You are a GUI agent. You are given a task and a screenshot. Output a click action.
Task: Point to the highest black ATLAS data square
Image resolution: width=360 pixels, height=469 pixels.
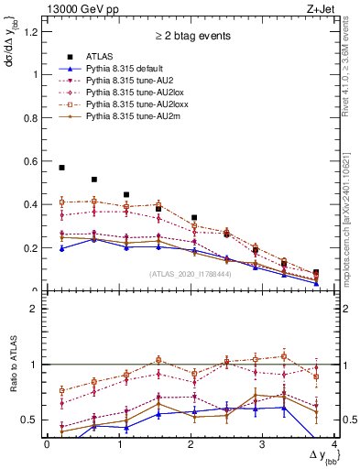61,168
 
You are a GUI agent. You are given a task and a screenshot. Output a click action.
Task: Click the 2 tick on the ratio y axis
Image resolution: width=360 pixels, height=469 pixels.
37,309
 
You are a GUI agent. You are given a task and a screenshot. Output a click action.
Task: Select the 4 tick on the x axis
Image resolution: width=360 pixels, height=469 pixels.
334,444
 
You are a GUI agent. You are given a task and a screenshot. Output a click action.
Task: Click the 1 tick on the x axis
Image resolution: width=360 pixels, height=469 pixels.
119,444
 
